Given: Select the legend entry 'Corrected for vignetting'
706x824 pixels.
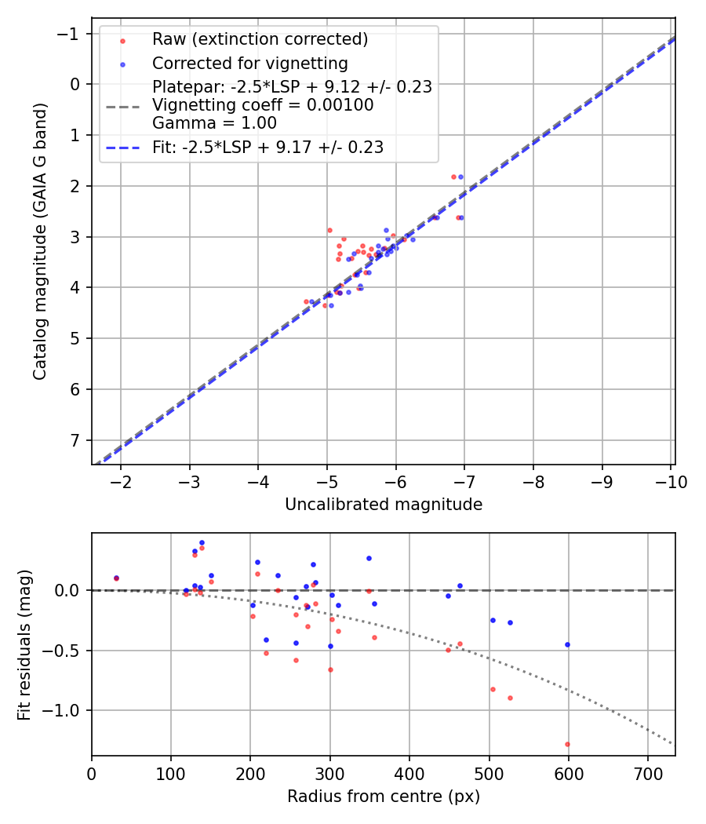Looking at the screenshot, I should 250,63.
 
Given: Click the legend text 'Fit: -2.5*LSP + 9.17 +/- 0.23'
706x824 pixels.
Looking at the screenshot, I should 267,147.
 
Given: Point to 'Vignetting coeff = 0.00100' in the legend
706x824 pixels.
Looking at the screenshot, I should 263,104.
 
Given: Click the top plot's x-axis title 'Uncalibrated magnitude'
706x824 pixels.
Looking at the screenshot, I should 383,505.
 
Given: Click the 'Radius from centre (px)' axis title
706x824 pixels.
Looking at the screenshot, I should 383,797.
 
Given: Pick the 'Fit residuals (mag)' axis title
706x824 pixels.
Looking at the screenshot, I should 24,644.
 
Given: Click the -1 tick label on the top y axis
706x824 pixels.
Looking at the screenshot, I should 72,34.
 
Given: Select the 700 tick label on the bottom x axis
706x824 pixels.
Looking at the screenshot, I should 647,774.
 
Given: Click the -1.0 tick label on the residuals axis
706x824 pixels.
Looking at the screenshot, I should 65,710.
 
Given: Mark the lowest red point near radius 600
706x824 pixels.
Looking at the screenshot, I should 567,744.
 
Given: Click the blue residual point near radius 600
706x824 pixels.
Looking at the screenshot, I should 567,644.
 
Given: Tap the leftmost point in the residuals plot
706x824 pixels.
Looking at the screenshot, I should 116,578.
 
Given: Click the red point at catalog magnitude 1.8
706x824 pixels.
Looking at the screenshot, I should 453,177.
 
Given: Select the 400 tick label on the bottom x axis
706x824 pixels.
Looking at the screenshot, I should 409,774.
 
